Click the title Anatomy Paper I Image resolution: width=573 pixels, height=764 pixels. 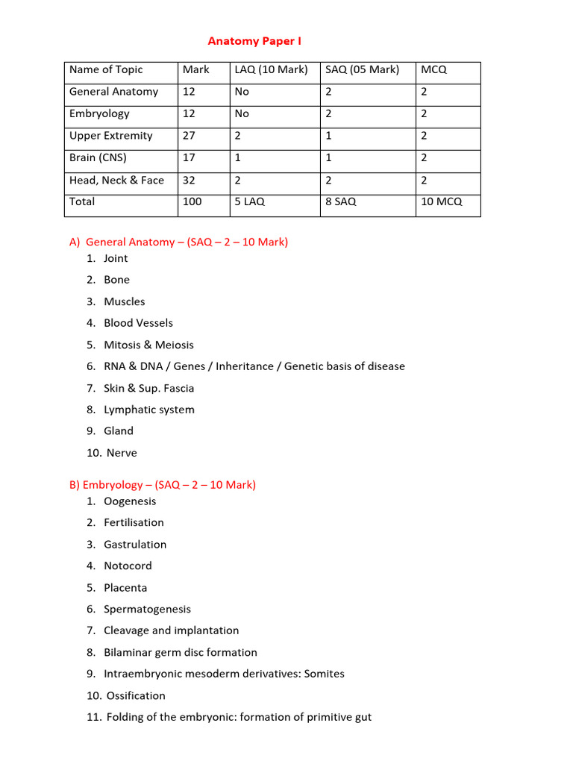point(254,41)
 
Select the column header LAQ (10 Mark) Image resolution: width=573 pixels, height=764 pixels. point(271,70)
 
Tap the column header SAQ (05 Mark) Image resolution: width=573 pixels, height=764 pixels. point(362,70)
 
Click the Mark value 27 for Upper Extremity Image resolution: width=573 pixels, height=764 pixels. point(190,136)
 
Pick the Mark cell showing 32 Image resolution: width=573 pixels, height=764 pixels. point(190,180)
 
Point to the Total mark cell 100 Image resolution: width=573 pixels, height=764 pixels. point(192,201)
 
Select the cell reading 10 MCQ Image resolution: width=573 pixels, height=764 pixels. point(441,201)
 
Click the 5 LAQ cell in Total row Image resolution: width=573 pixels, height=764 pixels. point(249,201)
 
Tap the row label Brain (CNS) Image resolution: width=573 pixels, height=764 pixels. point(98,157)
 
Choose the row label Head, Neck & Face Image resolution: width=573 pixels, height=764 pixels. point(116,180)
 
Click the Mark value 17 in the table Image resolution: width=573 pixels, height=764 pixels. point(190,157)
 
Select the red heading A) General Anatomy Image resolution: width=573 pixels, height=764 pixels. point(178,242)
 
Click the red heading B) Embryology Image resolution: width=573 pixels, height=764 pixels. point(163,485)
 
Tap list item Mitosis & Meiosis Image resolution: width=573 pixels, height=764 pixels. point(148,345)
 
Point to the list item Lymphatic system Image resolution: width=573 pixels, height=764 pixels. point(149,410)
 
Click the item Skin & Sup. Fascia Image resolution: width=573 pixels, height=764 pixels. point(148,388)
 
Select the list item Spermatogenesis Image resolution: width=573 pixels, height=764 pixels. point(147,609)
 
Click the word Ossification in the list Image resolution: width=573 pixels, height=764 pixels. point(136,695)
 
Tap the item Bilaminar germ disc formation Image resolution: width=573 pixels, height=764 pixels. point(181,652)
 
